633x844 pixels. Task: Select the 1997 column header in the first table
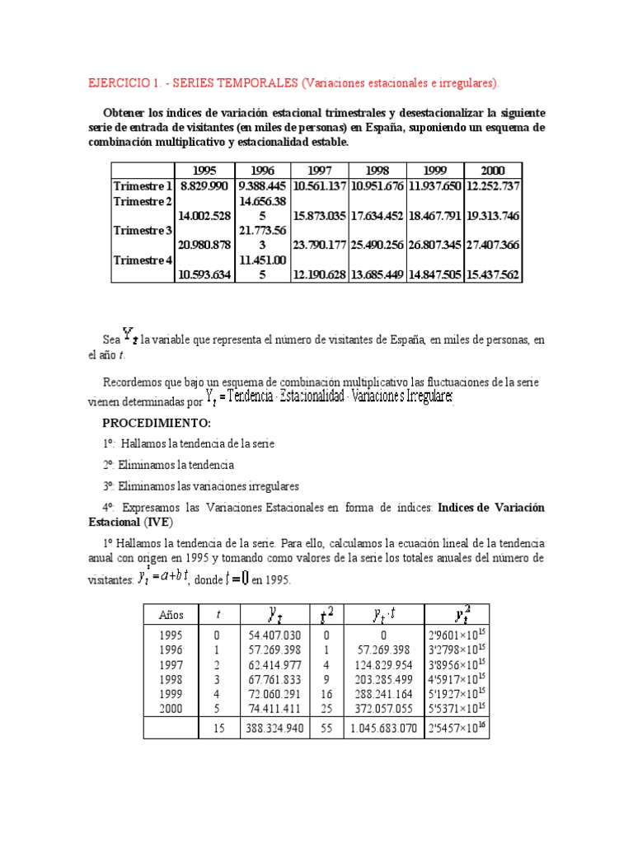321,170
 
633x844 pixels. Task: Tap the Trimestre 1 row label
143,186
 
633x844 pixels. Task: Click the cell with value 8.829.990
204,186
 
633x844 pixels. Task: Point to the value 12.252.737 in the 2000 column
493,186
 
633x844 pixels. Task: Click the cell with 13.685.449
377,274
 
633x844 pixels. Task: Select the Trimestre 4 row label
143,260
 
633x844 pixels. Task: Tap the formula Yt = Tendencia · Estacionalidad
330,397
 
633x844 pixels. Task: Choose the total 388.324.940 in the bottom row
276,729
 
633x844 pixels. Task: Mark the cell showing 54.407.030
276,636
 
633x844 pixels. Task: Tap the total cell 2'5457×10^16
457,728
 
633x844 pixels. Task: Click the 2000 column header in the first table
493,170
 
